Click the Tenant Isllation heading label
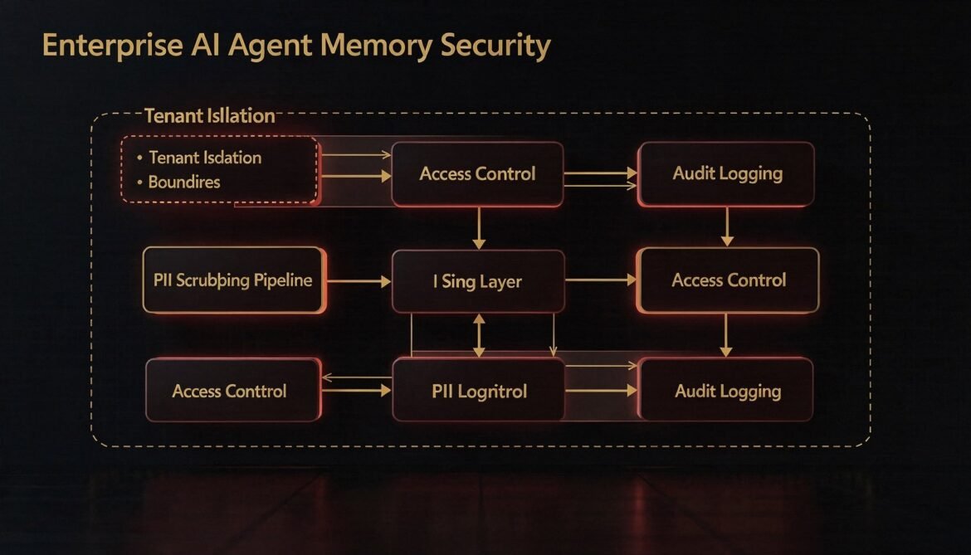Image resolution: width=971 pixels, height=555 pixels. point(209,116)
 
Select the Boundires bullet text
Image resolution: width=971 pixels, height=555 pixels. point(184,182)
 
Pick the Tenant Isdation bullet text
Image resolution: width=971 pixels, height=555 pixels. point(205,158)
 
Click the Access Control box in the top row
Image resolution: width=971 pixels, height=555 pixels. point(477,174)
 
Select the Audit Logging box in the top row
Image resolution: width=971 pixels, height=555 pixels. point(727,174)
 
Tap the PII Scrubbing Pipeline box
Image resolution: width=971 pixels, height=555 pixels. point(233,280)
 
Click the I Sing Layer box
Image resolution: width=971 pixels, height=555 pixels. point(477,281)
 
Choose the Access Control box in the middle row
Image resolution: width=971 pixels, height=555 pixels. point(728,280)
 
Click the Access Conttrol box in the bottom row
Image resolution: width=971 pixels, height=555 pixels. point(230,391)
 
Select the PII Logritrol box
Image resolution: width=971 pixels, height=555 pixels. point(479,391)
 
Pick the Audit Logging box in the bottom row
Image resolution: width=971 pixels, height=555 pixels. point(727,391)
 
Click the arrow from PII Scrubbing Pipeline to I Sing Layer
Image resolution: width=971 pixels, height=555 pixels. point(358,282)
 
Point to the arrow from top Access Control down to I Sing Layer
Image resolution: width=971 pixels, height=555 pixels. point(478,228)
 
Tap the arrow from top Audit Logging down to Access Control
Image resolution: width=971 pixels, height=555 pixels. point(727,226)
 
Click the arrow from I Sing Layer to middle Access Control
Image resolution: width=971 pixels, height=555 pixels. point(600,281)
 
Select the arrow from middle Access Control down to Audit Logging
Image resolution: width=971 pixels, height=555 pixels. point(726,335)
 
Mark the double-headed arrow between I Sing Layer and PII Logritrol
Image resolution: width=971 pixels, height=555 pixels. point(478,335)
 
